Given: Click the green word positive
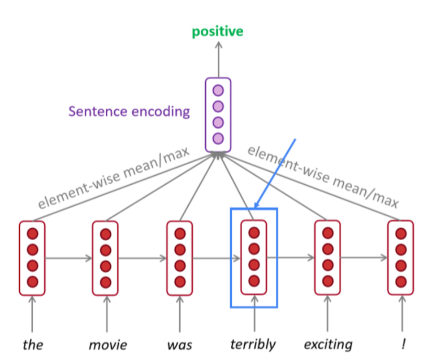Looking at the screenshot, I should click(218, 31).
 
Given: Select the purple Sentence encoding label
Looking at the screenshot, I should click(129, 111).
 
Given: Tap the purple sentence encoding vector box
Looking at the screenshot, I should click(218, 114).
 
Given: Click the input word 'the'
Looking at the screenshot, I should click(33, 344).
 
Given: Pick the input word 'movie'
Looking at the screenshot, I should click(107, 344).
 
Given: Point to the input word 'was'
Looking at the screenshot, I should click(180, 344).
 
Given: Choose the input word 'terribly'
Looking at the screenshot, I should click(253, 344).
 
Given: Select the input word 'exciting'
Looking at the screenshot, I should click(328, 344).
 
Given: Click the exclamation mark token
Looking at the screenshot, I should click(401, 344).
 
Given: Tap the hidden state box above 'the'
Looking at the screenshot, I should click(32, 257).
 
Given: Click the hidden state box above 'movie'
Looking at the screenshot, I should click(106, 257).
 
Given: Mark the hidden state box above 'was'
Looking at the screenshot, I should click(180, 257).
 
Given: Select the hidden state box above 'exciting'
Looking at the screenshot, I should click(327, 257).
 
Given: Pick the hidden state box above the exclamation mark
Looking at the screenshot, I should click(401, 257).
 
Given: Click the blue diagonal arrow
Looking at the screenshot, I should click(275, 172).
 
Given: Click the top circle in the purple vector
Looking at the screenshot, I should click(218, 90).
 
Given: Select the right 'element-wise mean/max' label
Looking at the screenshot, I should click(324, 177).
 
